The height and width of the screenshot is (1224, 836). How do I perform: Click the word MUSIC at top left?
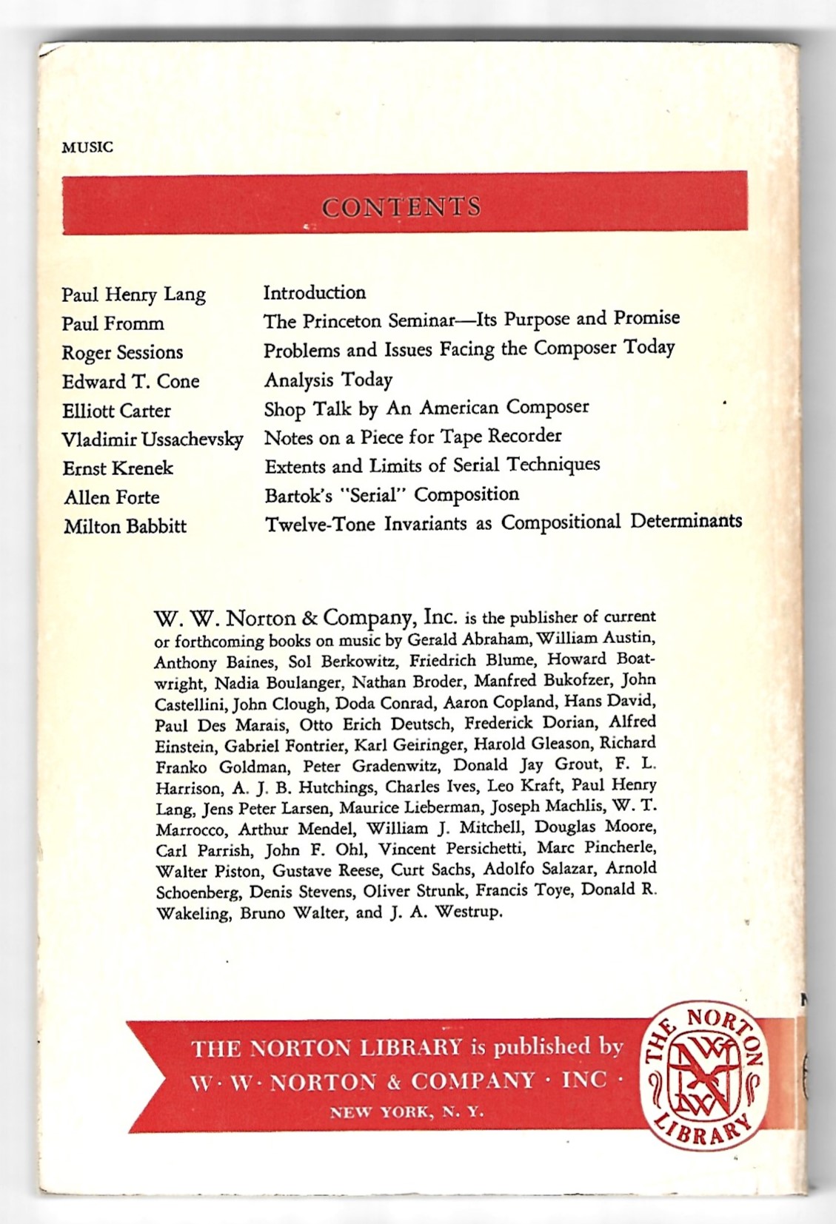87,147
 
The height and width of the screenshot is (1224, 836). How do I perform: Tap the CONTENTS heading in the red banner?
401,206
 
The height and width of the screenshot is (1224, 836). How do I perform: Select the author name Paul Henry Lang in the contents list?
133,295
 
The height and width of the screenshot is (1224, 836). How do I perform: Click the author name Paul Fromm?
113,323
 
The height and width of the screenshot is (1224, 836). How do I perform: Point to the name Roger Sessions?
122,352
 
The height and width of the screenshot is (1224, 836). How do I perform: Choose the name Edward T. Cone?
130,381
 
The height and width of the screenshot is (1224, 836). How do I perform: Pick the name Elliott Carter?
116,410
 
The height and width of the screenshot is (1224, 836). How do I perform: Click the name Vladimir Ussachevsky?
152,440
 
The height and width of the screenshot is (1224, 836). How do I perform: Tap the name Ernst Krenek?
118,468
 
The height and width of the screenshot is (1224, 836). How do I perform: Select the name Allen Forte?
111,497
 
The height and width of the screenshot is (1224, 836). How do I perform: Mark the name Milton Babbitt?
124,526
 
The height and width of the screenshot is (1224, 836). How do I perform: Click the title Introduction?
315,292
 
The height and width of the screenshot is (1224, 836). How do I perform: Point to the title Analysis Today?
328,380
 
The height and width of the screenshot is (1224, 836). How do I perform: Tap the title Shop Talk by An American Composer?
427,407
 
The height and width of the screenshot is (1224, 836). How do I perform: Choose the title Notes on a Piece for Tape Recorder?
412,437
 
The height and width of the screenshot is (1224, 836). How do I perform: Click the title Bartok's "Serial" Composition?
392,494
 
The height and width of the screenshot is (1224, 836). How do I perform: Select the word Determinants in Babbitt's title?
686,521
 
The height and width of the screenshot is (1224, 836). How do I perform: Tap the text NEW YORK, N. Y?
407,1112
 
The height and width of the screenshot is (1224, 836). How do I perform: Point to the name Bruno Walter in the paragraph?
292,912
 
